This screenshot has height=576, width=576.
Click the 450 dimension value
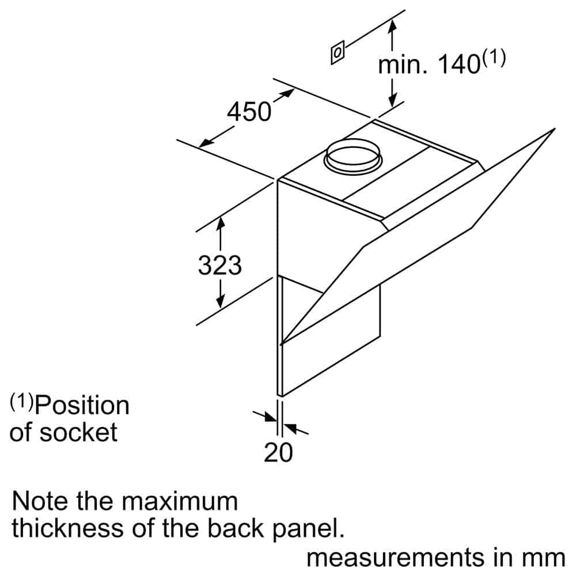249,112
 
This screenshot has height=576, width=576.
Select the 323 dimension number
219,265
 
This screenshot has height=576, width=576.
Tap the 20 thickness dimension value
278,452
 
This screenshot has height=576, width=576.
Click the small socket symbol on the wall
338,52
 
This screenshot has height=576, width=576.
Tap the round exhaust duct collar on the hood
353,156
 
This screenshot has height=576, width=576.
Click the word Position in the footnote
82,406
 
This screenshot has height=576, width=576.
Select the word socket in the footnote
78,432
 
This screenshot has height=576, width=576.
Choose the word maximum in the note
180,501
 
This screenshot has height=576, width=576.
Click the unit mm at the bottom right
544,558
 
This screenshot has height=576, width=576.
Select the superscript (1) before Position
22,401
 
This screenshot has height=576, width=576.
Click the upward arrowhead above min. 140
393,26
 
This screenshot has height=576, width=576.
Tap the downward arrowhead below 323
220,301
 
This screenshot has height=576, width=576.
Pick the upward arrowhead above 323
221,223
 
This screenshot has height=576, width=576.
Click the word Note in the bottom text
40,501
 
